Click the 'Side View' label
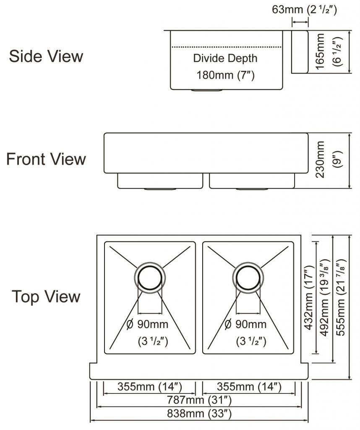tap(46, 56)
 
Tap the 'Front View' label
tap(46, 159)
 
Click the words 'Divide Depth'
tap(225, 58)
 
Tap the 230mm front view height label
tap(321, 159)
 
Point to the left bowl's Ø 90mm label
tap(147, 324)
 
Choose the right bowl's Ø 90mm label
tap(245, 324)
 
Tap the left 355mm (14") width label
tap(149, 386)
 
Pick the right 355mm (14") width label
tap(249, 386)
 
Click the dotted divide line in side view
tap(225, 47)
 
